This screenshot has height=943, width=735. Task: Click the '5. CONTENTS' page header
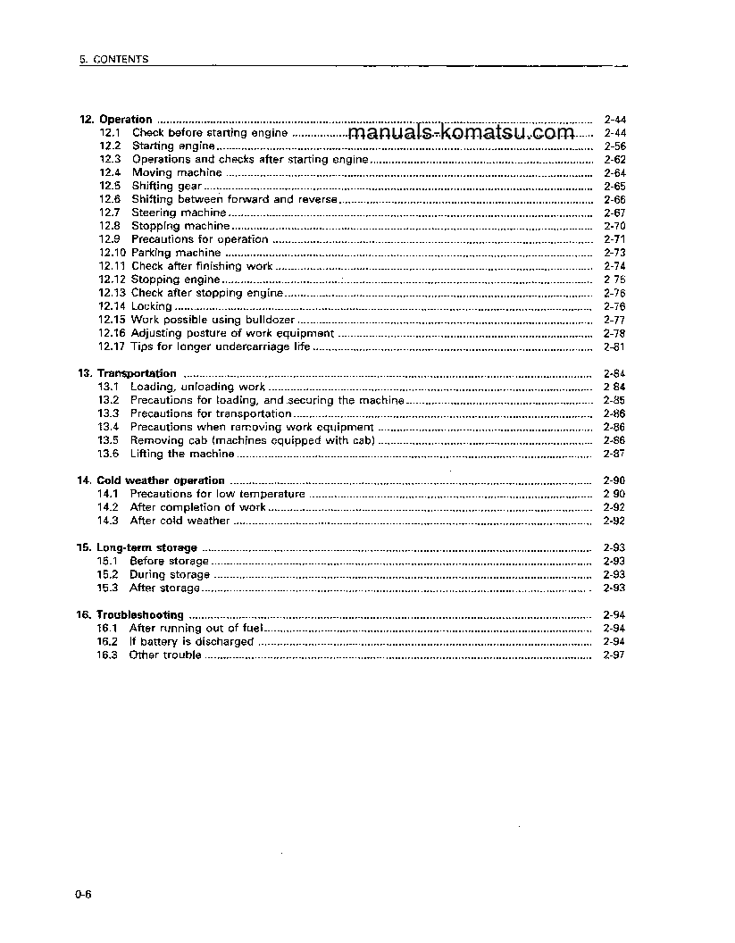[113, 60]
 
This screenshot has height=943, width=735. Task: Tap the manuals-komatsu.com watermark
[461, 133]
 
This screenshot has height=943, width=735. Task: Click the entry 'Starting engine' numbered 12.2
[173, 146]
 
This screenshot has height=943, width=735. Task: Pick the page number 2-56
[614, 146]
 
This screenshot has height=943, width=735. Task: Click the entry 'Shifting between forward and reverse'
[234, 199]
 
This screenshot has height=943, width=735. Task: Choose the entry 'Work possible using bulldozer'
[213, 320]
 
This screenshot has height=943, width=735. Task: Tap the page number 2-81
[614, 346]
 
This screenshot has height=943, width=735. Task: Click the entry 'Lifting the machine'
[181, 454]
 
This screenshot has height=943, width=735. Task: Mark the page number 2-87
[614, 454]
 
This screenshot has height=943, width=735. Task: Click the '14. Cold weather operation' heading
[151, 480]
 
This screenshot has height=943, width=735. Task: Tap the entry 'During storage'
[170, 574]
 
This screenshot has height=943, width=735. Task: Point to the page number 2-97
[614, 655]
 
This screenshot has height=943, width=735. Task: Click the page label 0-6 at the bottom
[84, 897]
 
